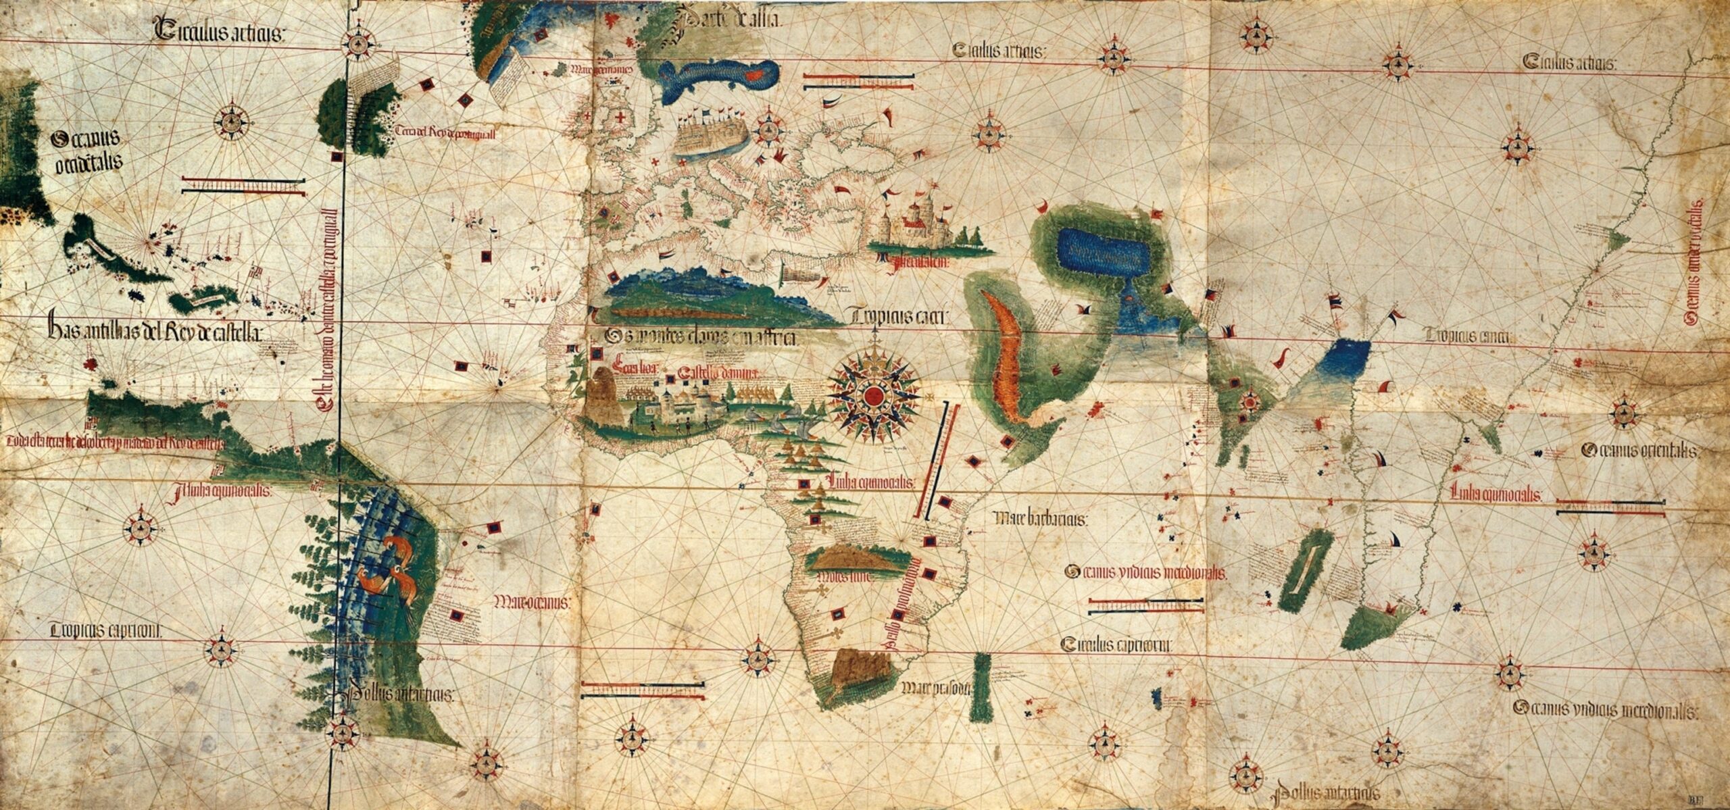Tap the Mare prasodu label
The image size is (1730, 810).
point(936,688)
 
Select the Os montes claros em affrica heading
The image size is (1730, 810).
point(703,336)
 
